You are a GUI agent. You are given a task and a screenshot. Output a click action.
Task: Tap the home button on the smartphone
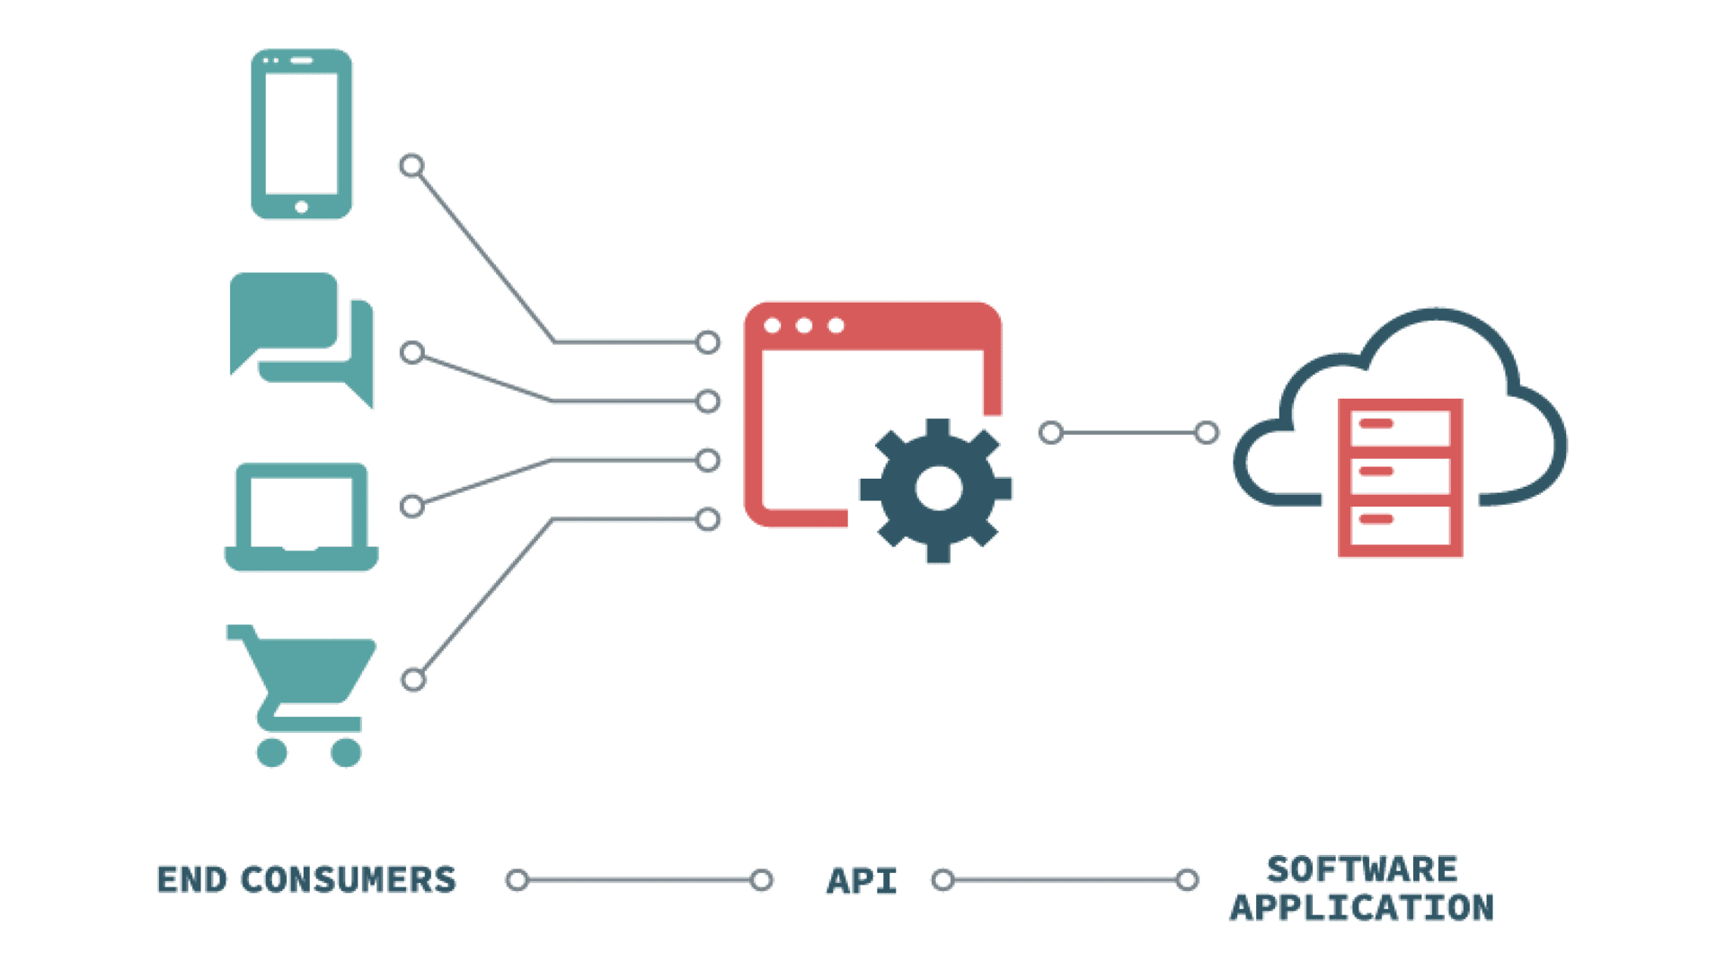[302, 207]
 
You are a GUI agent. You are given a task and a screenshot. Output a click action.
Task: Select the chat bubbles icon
[302, 339]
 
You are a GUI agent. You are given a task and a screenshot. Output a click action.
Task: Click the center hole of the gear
[939, 489]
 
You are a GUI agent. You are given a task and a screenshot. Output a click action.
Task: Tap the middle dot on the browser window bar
[804, 325]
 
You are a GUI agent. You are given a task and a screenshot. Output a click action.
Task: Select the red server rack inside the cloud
[1400, 478]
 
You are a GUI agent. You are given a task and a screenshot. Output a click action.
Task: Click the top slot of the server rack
[1400, 424]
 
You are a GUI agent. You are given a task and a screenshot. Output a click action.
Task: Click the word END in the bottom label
[191, 880]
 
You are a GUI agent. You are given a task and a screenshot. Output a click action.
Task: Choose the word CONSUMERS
[349, 880]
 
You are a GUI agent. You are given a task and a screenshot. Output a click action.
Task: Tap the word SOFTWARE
[1362, 869]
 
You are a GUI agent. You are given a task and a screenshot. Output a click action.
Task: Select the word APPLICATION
[1362, 908]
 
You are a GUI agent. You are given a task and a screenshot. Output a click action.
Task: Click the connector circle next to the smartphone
[411, 166]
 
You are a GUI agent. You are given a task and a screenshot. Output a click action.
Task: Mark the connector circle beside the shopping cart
[413, 680]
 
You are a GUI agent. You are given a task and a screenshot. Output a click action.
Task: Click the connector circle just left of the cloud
[1207, 434]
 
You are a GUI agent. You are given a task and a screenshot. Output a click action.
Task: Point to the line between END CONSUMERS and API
[639, 880]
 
